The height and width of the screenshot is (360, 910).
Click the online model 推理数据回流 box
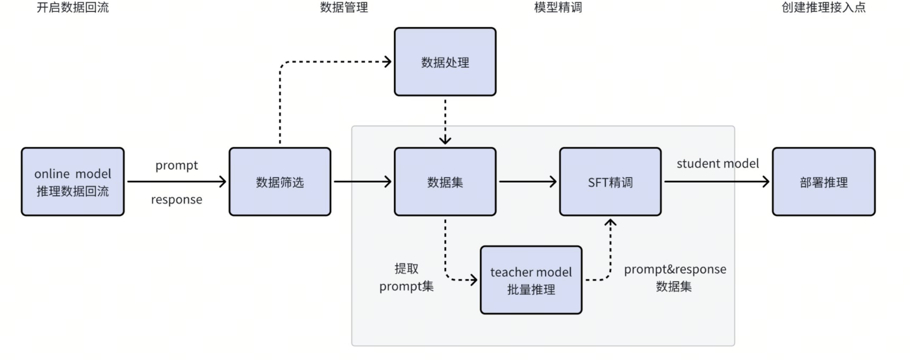pos(73,182)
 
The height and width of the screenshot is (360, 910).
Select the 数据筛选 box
pos(280,182)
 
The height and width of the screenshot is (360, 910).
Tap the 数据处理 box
pos(445,62)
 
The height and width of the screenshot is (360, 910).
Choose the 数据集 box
pos(445,182)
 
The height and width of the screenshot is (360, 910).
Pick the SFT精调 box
pos(610,182)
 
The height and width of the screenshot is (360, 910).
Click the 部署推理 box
pos(823,182)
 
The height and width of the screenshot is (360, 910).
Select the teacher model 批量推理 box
pos(531,280)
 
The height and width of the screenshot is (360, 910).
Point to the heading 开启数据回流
pos(73,7)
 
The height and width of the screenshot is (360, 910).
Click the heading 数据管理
pos(344,7)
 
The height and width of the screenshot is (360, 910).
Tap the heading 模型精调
pos(558,7)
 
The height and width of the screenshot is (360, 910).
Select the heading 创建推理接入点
pos(823,7)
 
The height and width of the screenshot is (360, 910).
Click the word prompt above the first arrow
pos(176,166)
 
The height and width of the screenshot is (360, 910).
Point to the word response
pos(176,200)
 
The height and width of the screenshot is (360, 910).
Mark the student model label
pos(717,163)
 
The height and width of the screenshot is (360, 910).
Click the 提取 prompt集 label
pos(406,277)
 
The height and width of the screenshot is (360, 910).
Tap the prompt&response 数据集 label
pos(674,277)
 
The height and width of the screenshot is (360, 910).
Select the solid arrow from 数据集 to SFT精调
pos(528,182)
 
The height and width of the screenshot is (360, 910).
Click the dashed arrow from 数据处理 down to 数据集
pos(445,121)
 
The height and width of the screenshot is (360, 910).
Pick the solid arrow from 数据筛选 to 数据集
pos(363,182)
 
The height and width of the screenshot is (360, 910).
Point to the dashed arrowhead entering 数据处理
pos(387,62)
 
